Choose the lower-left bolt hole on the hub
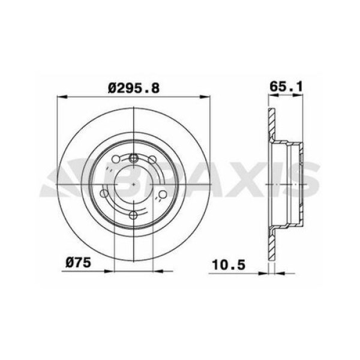(x=106, y=194)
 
